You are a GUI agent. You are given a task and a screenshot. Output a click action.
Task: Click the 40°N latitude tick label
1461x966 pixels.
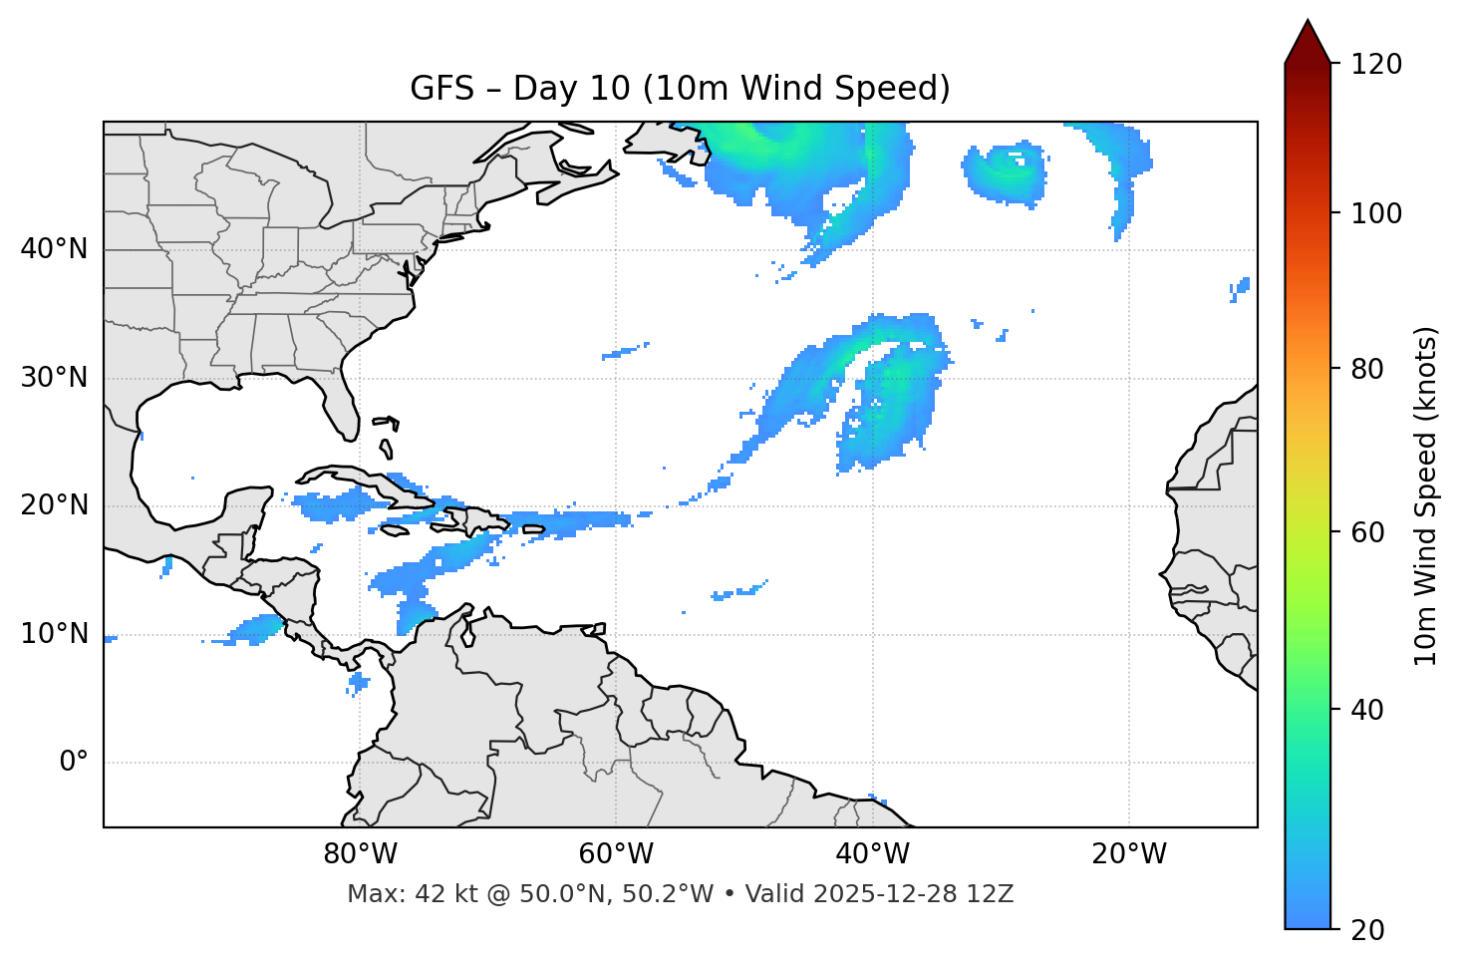(x=54, y=249)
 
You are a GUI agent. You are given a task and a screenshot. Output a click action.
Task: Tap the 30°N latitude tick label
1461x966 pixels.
(x=54, y=378)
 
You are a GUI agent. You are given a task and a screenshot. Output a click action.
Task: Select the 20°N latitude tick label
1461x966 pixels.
(x=54, y=505)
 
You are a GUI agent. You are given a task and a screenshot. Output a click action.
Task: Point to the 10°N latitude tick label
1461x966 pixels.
(x=54, y=634)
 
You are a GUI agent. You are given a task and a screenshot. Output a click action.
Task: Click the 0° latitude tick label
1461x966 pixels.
(x=74, y=763)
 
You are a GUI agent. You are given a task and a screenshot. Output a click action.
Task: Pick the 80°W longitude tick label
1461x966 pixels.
(x=360, y=854)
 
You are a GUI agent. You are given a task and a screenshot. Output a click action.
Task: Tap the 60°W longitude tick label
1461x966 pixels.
(x=616, y=854)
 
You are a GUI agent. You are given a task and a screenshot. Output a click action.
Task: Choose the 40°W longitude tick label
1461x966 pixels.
(x=873, y=854)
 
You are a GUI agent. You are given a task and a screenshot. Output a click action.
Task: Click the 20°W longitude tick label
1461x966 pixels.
(x=1129, y=854)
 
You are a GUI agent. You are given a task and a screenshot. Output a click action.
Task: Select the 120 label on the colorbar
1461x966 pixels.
(x=1375, y=65)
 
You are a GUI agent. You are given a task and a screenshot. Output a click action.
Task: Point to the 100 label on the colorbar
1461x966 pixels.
(x=1375, y=213)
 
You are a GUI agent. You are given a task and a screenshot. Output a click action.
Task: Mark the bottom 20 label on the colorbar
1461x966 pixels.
(x=1368, y=930)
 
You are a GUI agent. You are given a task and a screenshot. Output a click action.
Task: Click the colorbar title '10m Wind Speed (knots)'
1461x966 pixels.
(x=1426, y=496)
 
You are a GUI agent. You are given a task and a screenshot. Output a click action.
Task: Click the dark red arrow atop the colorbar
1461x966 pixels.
(x=1308, y=42)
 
